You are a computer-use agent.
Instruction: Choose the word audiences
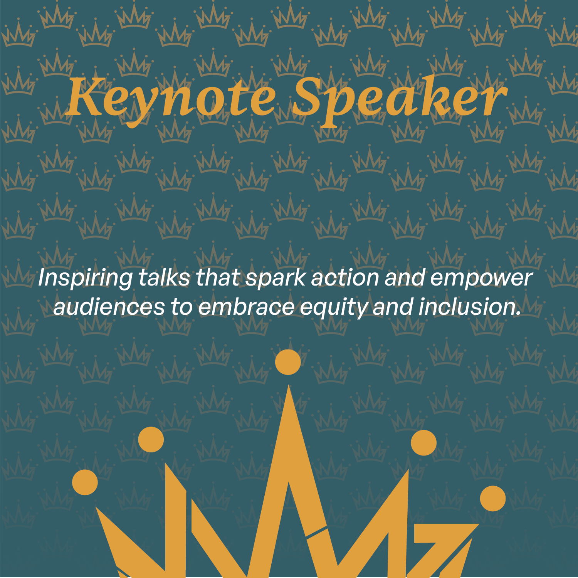pyautogui.click(x=109, y=307)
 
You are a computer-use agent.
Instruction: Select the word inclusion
pyautogui.click(x=469, y=307)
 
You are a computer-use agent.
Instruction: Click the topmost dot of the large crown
pyautogui.click(x=288, y=362)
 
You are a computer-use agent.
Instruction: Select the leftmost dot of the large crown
pyautogui.click(x=85, y=482)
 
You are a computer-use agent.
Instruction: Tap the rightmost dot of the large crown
pyautogui.click(x=493, y=499)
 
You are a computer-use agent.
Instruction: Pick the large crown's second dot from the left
pyautogui.click(x=151, y=440)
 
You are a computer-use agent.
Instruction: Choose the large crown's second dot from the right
pyautogui.click(x=423, y=443)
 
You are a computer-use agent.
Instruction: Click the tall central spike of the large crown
pyautogui.click(x=288, y=443)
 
